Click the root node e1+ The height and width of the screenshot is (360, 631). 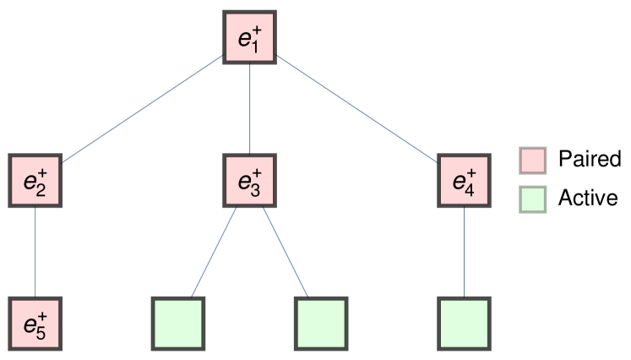tap(250, 36)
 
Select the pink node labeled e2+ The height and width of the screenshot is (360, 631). tap(35, 180)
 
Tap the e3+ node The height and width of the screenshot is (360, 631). tap(250, 180)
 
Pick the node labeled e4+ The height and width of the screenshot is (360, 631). tap(464, 180)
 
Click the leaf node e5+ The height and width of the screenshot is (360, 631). tap(35, 323)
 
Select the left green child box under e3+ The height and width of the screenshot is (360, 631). tap(178, 323)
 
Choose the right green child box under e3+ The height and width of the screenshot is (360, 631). tap(321, 323)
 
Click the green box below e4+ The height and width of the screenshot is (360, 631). tap(464, 323)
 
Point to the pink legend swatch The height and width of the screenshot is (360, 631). tap(532, 161)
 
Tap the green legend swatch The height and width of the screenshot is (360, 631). tap(532, 199)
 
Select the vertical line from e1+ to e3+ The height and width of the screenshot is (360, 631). tap(250, 108)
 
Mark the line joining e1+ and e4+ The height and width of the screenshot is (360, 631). tap(357, 109)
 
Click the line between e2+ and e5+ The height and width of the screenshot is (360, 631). tap(35, 251)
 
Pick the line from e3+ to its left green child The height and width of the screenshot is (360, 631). tap(214, 251)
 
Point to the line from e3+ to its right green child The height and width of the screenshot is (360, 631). tap(286, 251)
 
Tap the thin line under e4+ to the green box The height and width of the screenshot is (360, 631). tap(464, 251)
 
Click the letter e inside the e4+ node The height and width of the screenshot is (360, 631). tap(459, 181)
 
